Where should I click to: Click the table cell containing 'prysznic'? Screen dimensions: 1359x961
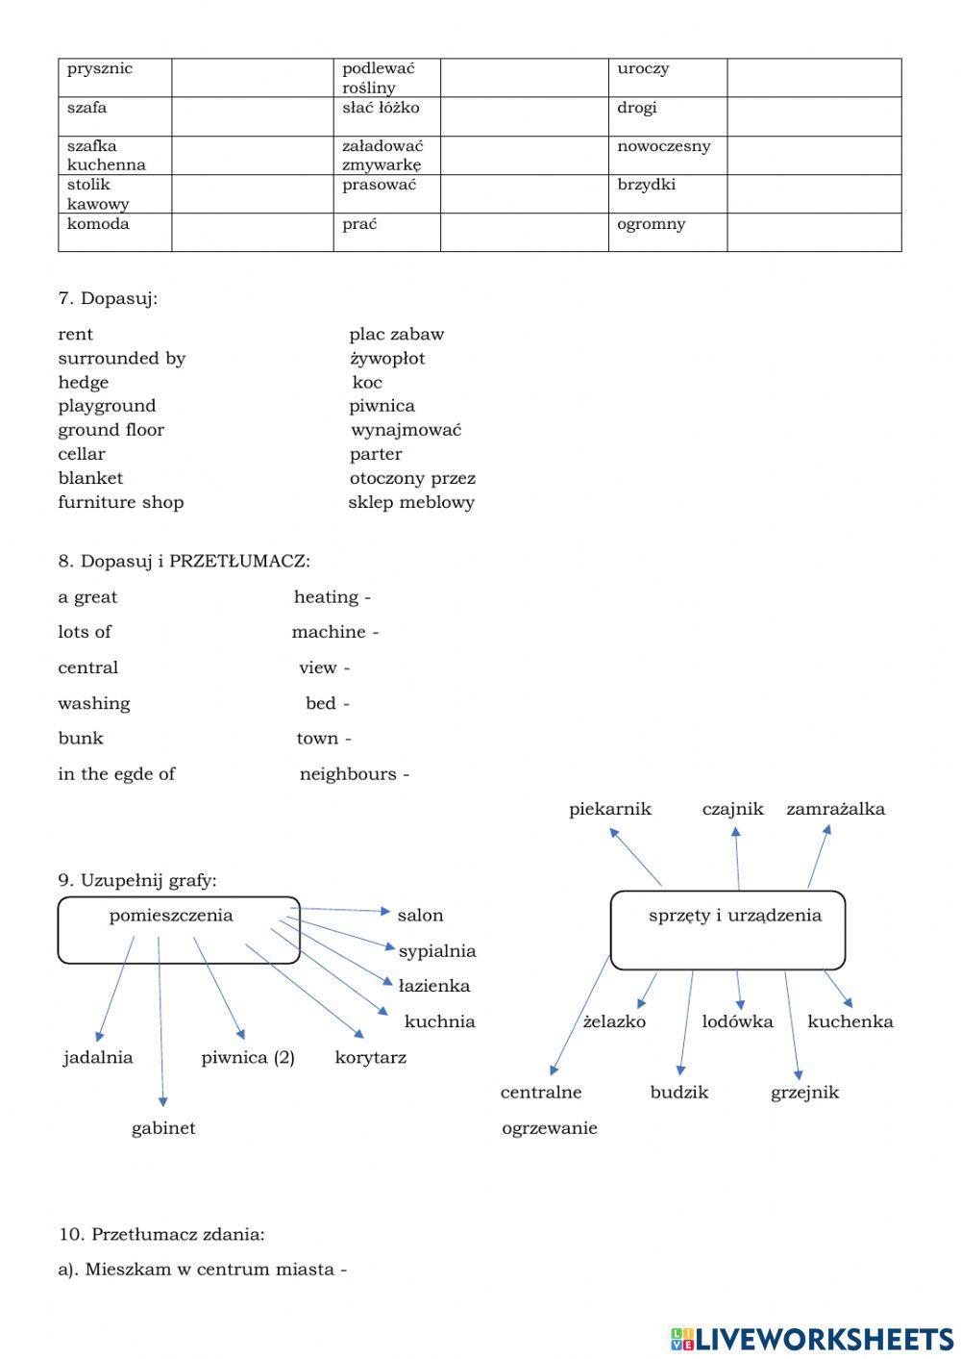tap(114, 77)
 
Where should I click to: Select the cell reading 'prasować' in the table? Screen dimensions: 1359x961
tap(386, 193)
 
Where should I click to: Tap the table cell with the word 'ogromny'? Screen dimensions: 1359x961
tap(667, 232)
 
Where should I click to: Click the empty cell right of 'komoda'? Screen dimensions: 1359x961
tap(252, 232)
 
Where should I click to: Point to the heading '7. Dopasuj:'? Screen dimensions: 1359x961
tap(108, 298)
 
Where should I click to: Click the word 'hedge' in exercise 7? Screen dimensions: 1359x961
tap(84, 382)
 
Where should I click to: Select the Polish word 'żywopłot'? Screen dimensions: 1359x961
tap(387, 358)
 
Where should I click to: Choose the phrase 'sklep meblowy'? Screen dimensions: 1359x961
tap(411, 502)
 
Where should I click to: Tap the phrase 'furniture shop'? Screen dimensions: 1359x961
tap(121, 502)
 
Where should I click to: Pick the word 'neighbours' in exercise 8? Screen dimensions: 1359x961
tap(348, 774)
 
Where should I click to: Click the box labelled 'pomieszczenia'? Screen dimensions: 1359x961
tap(179, 930)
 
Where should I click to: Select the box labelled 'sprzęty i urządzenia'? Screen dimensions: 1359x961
tap(727, 929)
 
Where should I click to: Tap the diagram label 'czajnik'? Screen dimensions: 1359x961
tap(732, 809)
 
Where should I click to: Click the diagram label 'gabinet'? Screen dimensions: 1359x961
tap(163, 1128)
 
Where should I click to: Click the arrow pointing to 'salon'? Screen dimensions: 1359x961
tap(341, 909)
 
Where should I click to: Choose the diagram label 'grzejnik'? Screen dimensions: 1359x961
tap(804, 1093)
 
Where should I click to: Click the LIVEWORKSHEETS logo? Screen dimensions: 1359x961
tap(812, 1338)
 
